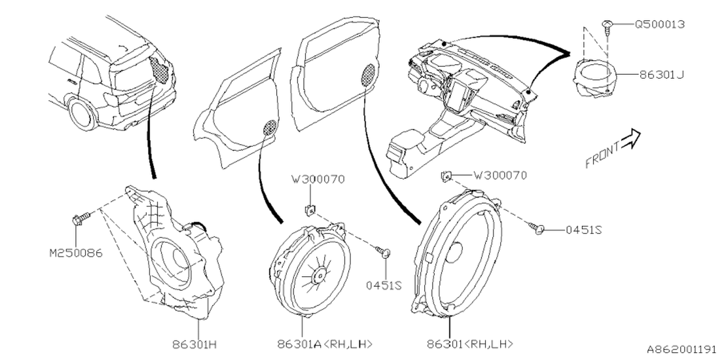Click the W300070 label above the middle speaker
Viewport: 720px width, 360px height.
(318, 179)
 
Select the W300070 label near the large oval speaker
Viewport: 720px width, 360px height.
(500, 175)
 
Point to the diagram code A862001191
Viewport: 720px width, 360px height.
(680, 349)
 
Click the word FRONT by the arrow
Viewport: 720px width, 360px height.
(602, 155)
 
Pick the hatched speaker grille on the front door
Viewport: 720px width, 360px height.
(368, 75)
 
